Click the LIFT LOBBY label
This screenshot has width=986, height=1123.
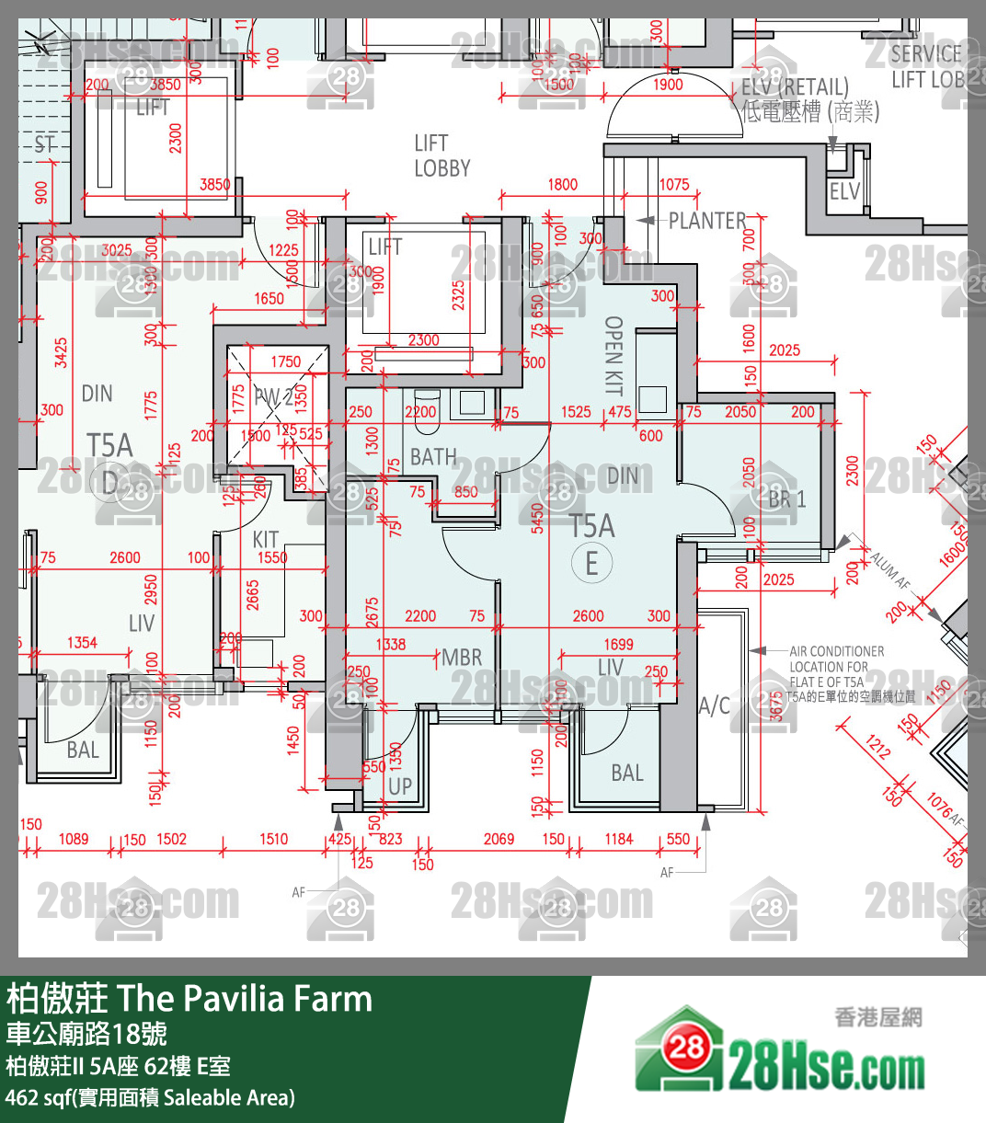[x=441, y=156]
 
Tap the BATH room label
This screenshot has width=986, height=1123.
[x=432, y=457]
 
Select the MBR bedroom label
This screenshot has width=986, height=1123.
[x=462, y=658]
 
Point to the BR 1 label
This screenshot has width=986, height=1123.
[x=787, y=499]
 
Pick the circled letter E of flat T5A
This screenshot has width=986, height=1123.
[x=591, y=562]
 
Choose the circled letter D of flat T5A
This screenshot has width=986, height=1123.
[x=110, y=482]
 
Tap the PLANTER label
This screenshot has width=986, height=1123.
[x=706, y=221]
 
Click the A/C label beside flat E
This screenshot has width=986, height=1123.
[x=715, y=705]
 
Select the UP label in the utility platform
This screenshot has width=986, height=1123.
[x=399, y=786]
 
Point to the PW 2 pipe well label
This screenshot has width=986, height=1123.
[x=273, y=397]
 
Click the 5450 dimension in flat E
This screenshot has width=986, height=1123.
[x=538, y=518]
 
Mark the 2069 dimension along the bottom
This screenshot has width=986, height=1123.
[x=499, y=839]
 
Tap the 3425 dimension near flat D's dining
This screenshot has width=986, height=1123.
[x=61, y=352]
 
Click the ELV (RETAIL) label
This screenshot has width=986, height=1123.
[x=795, y=87]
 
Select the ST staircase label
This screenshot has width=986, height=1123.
[x=44, y=144]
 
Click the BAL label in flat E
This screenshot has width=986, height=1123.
[x=627, y=773]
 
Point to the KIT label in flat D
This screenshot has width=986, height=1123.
[x=265, y=539]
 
